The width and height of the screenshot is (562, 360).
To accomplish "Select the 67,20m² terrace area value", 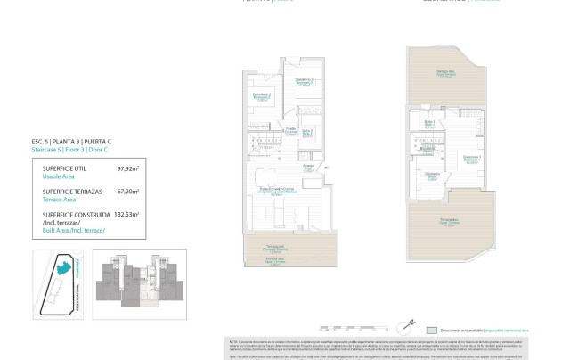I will [x=129, y=191].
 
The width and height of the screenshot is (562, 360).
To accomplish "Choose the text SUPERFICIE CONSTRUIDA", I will [x=70, y=214].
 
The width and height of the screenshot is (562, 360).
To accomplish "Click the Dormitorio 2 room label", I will [x=261, y=96].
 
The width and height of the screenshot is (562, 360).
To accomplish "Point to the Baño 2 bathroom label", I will [x=307, y=132].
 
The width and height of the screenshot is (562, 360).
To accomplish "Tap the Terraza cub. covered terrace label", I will [x=278, y=248].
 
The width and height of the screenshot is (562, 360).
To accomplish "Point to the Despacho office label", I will [x=433, y=175].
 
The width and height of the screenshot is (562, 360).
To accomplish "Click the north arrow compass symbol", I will [x=411, y=324].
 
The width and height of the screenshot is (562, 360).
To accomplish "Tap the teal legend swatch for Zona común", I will [x=433, y=328].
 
